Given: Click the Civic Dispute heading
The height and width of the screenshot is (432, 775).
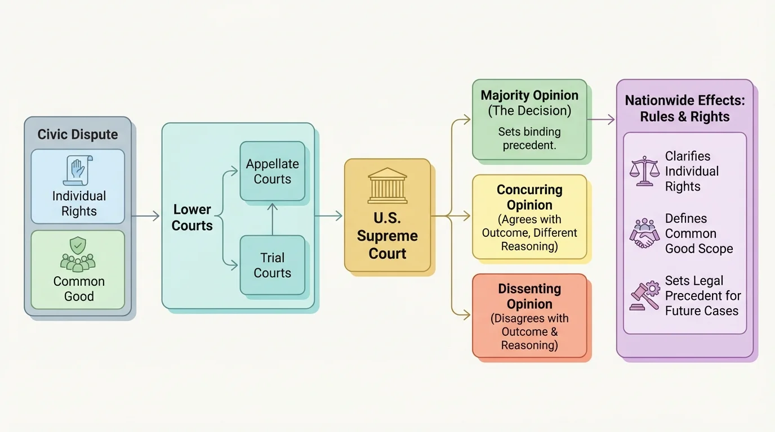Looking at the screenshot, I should tap(78, 135).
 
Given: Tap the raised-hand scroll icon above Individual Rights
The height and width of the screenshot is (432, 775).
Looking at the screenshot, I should tap(78, 170).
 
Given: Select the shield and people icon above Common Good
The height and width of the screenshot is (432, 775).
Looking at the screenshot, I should tap(78, 254).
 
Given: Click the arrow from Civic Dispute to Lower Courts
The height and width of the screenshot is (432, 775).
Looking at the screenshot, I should tap(146, 216).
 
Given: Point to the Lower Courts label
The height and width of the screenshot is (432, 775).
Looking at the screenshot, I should tap(193, 218).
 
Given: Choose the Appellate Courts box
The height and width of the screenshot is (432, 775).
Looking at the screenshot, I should tap(273, 172).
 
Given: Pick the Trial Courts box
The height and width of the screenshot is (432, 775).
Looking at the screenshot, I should tap(273, 265).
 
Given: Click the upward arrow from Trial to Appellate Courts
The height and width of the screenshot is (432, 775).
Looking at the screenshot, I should tap(273, 219).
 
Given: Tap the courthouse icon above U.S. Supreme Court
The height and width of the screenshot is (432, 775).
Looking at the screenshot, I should tap(387, 185).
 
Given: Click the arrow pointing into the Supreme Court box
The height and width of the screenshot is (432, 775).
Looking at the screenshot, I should tap(329, 216).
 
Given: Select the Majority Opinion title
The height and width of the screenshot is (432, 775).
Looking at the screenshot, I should tap(529, 96).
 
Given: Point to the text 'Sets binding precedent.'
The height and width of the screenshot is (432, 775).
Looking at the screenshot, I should tap(529, 138).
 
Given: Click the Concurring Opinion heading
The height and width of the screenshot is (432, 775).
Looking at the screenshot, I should tap(529, 197).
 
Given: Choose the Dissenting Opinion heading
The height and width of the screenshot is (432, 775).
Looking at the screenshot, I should tap(529, 296).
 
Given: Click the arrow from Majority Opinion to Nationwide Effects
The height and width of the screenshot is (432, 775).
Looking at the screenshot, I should tap(600, 119).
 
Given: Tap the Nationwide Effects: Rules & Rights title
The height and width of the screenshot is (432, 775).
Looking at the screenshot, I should tap(685, 109).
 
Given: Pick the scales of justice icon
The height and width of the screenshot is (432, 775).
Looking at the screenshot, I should tap(644, 171).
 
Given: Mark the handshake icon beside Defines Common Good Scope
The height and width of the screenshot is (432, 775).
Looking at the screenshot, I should tap(644, 233).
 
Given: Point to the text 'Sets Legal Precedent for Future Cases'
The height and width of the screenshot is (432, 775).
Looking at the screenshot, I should tap(702, 296).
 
